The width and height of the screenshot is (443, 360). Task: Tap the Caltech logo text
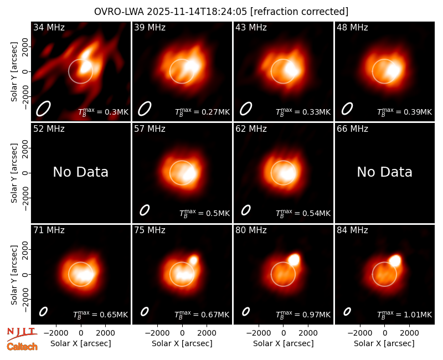pyautogui.click(x=22, y=347)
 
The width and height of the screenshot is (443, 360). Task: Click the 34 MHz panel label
pyautogui.click(x=49, y=27)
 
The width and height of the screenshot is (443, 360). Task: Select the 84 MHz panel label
pyautogui.click(x=352, y=230)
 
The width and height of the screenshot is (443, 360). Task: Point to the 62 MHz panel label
pyautogui.click(x=251, y=129)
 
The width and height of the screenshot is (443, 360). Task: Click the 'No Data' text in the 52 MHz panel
pyautogui.click(x=81, y=172)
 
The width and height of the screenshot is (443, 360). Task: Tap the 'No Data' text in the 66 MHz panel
pyautogui.click(x=384, y=172)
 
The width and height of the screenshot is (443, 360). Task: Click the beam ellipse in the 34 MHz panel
pyautogui.click(x=43, y=109)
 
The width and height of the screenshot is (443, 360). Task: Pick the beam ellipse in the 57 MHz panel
pyautogui.click(x=145, y=210)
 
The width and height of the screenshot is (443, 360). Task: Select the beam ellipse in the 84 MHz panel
pyautogui.click(x=347, y=311)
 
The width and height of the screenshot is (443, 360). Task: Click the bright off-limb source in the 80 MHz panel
pyautogui.click(x=294, y=259)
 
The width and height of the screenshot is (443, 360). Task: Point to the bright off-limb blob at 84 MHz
pyautogui.click(x=395, y=260)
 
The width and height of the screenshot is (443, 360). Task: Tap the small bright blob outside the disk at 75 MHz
pyautogui.click(x=193, y=260)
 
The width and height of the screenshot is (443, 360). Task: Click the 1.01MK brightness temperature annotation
pyautogui.click(x=405, y=315)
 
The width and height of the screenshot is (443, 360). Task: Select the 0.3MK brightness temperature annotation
pyautogui.click(x=104, y=112)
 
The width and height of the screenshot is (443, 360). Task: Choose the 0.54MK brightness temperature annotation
pyautogui.click(x=303, y=213)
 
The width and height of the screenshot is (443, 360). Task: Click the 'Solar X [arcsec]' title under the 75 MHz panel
pyautogui.click(x=182, y=343)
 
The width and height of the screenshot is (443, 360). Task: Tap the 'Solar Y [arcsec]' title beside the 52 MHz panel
pyautogui.click(x=14, y=173)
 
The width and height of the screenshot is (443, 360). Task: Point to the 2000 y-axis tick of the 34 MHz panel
pyautogui.click(x=25, y=47)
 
